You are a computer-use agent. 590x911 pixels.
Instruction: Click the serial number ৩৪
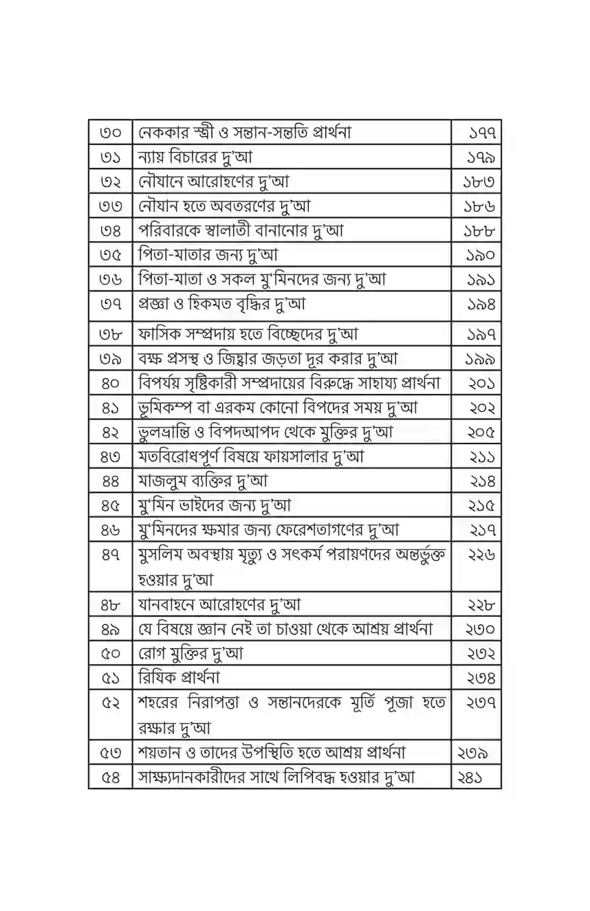point(110,231)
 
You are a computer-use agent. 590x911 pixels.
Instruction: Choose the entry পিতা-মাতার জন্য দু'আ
point(208,255)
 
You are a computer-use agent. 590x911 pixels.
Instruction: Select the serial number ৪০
point(110,383)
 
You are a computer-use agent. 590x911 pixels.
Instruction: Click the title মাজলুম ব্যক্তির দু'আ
point(204,481)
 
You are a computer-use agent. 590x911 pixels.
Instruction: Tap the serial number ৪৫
point(110,505)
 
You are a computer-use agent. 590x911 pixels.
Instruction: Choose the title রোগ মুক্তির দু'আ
point(190,653)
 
